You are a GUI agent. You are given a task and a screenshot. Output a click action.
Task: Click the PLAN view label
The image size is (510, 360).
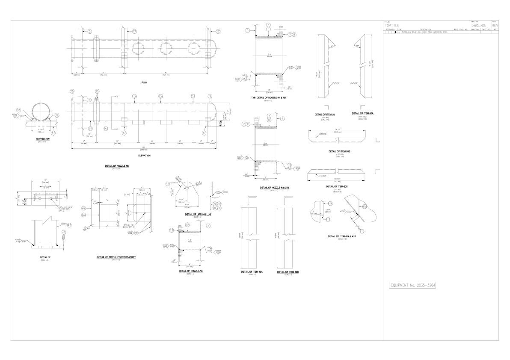145,82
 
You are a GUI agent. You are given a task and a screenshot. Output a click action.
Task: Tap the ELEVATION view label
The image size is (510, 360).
144,156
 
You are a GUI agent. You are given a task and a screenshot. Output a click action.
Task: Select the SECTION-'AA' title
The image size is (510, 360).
42,139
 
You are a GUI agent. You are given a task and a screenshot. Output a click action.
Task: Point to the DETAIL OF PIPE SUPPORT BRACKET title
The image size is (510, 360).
116,257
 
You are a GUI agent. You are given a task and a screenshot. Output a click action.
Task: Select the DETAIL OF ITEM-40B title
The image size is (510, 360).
288,271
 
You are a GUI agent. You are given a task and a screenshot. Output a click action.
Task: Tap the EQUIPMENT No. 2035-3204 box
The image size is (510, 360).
413,285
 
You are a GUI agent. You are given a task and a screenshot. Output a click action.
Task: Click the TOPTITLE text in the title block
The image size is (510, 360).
392,26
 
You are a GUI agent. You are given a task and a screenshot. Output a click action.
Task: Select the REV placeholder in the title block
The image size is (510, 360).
495,26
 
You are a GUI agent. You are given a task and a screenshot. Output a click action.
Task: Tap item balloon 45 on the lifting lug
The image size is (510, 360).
168,184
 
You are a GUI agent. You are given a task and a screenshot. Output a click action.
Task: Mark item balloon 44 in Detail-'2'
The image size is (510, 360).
63,232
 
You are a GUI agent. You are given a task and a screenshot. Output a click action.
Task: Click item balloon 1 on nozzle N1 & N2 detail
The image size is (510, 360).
248,30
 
